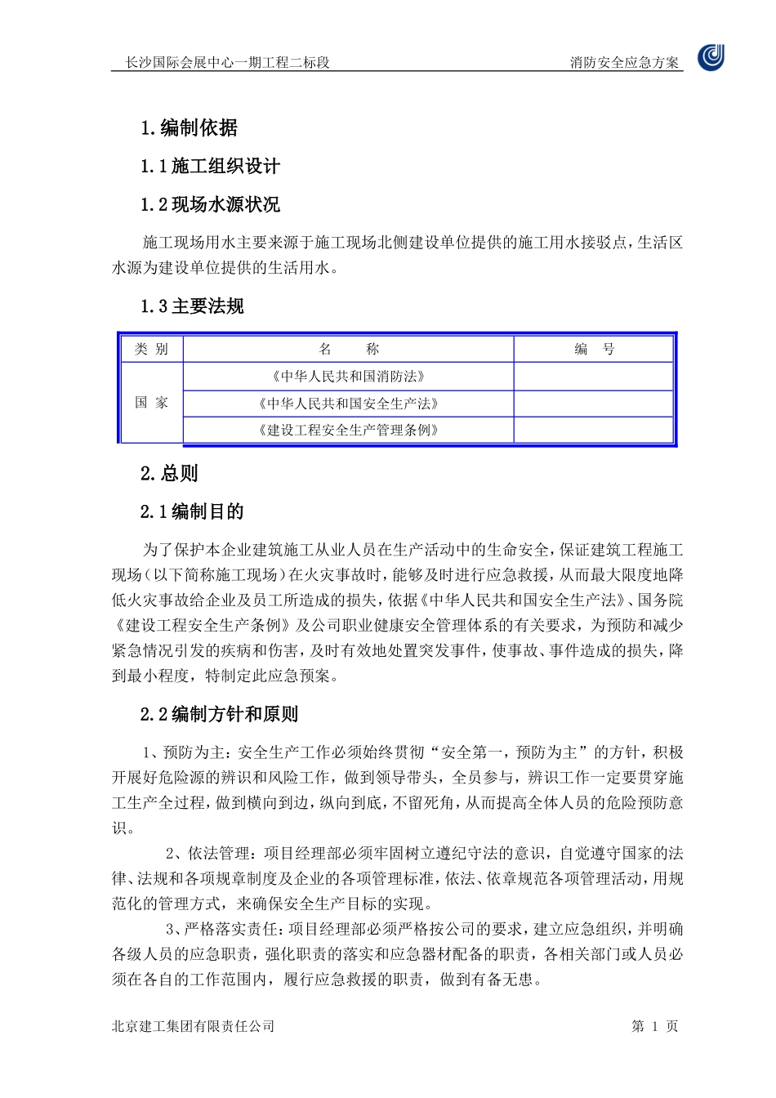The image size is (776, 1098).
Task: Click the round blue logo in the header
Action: point(711,57)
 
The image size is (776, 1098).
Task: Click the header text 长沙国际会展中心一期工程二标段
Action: point(227,62)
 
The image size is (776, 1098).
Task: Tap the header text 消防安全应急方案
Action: point(624,62)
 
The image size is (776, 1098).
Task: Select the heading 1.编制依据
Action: point(189,127)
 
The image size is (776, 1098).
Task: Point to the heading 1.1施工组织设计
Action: point(210,166)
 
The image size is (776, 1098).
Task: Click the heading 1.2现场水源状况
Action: point(210,204)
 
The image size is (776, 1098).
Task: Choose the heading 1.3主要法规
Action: point(192,306)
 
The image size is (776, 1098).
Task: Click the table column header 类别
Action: point(151,350)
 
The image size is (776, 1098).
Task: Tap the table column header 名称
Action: point(349,350)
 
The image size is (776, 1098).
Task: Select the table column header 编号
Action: point(594,350)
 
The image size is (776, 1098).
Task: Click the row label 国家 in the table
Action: point(151,403)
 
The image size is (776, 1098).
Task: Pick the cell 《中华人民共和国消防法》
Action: point(349,377)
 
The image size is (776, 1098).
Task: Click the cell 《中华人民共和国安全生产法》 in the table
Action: point(349,404)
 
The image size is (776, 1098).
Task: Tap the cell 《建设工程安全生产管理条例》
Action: point(349,430)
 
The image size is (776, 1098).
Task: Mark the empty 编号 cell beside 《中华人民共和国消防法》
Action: point(594,377)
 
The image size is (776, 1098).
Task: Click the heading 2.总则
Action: point(169,473)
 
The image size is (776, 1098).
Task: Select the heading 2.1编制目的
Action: point(192,511)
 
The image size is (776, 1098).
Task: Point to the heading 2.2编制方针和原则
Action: point(219,714)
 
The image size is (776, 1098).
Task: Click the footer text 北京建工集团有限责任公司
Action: point(193,1026)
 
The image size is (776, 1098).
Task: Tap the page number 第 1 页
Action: point(654,1026)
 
